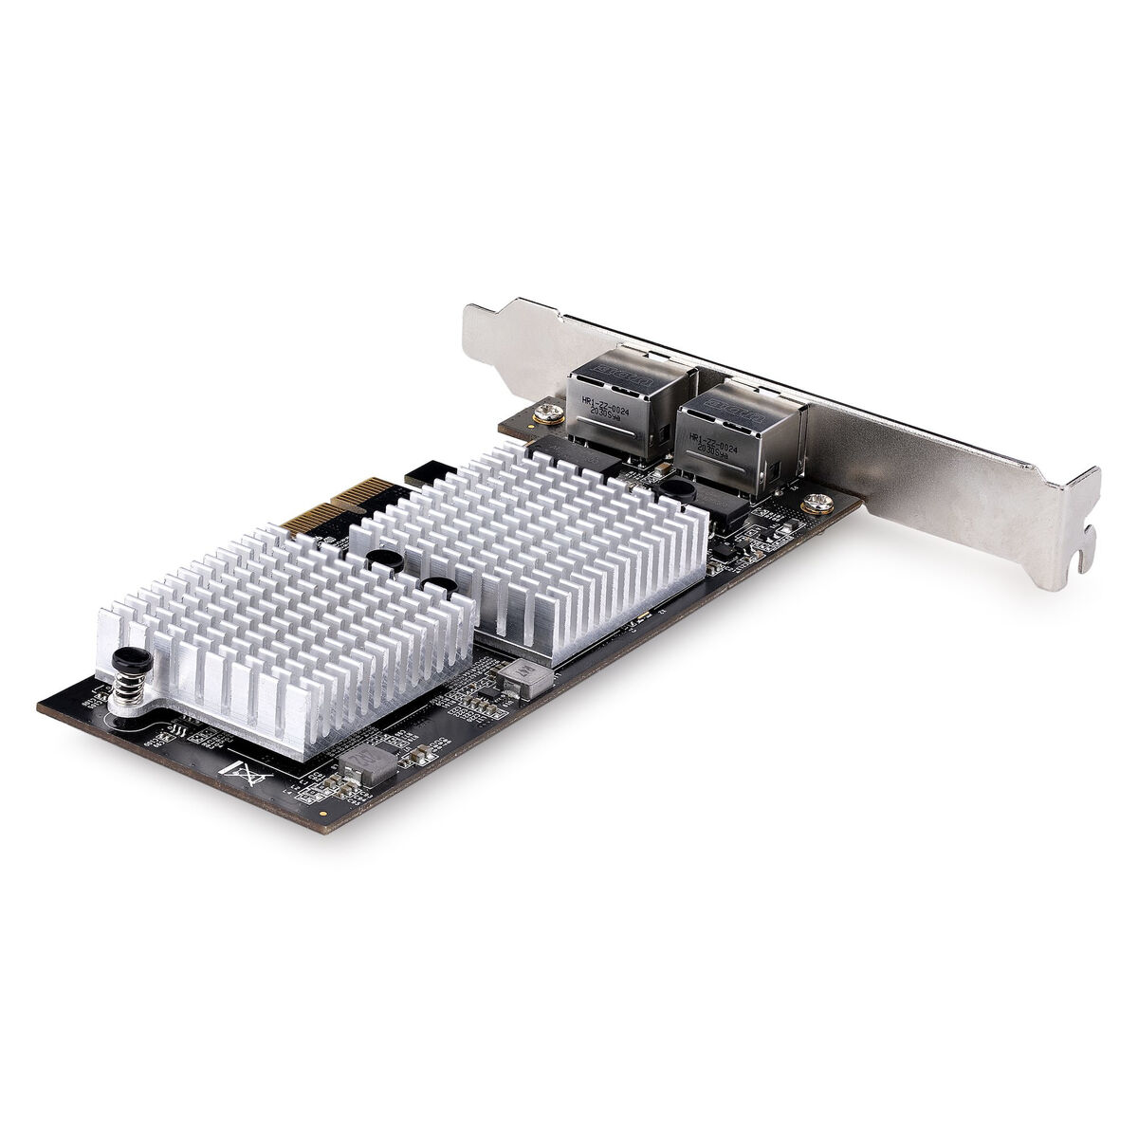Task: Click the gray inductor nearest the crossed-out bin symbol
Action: [x=366, y=758]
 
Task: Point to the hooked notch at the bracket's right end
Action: [x=1080, y=559]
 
